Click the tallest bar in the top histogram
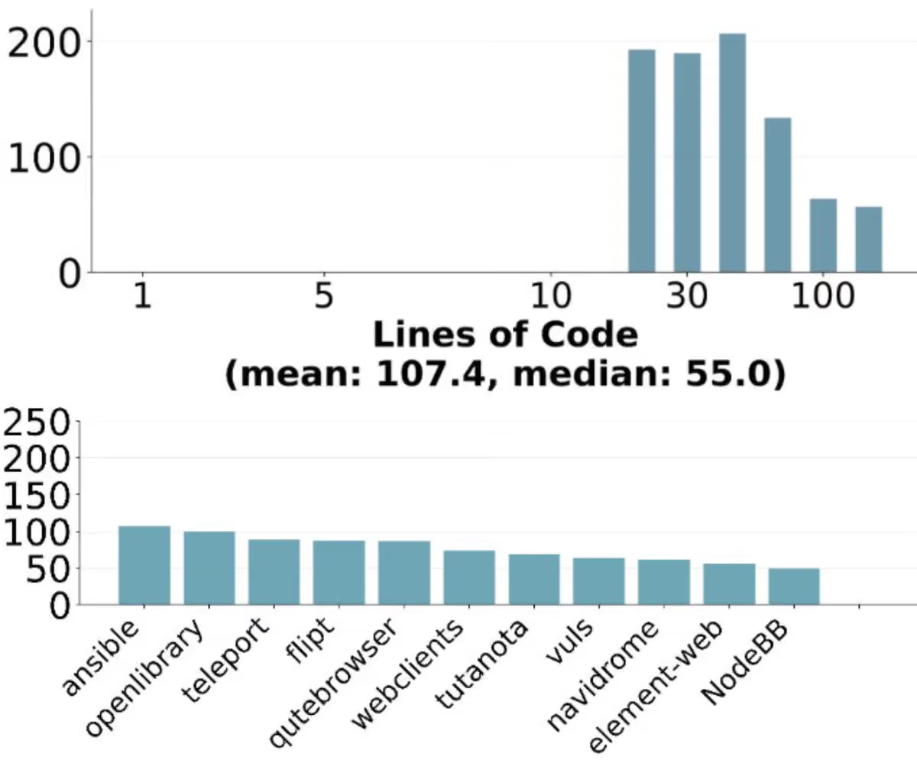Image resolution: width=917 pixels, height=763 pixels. coord(732,153)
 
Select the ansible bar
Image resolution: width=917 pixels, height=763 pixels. coord(144,565)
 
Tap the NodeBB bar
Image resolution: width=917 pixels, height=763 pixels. coord(794,586)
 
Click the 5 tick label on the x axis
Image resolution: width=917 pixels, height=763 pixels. coord(324,296)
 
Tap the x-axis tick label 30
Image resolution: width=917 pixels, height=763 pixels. coord(687,296)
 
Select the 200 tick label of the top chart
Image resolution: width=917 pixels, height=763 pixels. coord(43,44)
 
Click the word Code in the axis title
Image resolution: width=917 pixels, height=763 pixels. coord(589,335)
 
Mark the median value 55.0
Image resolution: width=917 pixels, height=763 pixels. coord(727,374)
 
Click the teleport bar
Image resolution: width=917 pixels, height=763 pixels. coord(274,571)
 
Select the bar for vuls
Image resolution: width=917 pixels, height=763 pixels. coord(598,581)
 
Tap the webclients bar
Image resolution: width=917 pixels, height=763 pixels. coord(469,577)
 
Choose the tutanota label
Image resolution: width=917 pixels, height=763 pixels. coord(481,664)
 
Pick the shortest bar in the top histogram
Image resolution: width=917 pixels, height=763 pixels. coord(869,239)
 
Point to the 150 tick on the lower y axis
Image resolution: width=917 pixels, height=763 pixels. coord(37,496)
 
